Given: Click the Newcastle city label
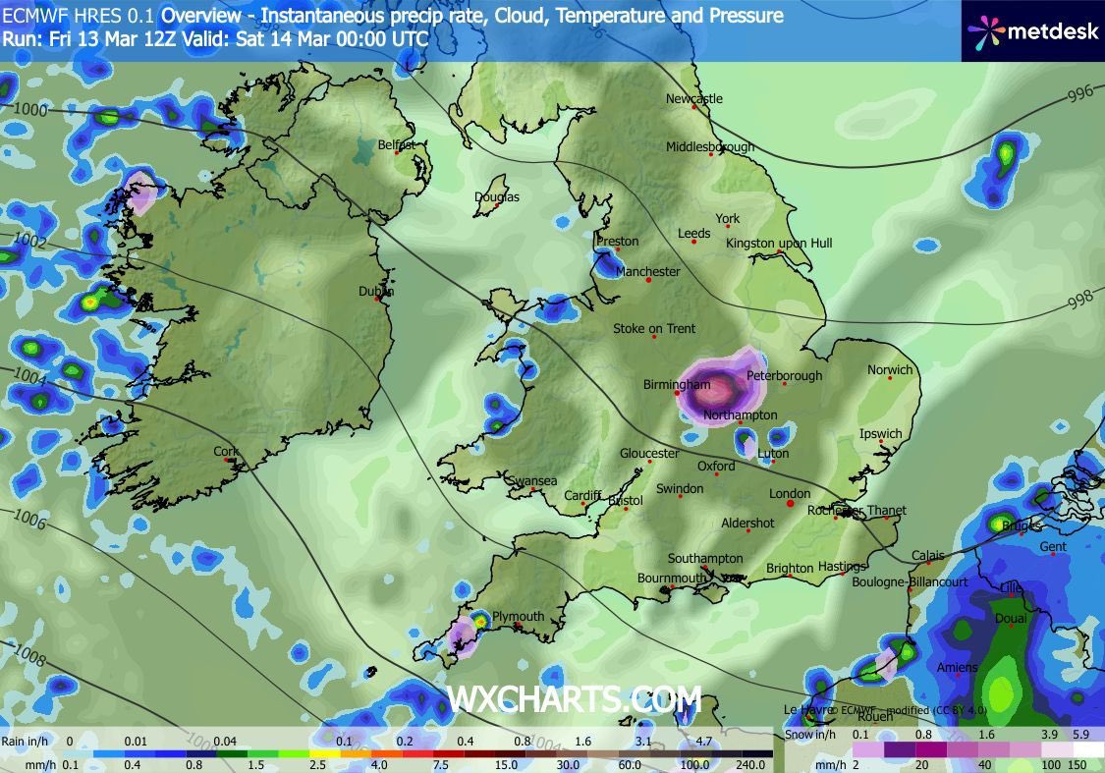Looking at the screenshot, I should pyautogui.click(x=693, y=98).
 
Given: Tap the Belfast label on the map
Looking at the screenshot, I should pyautogui.click(x=397, y=144).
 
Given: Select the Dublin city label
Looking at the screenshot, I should pyautogui.click(x=376, y=291).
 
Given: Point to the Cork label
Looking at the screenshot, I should pyautogui.click(x=226, y=452).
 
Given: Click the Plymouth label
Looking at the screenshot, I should pyautogui.click(x=518, y=617).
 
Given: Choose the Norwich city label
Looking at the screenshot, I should pyautogui.click(x=890, y=370).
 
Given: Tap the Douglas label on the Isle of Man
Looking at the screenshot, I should pyautogui.click(x=497, y=196).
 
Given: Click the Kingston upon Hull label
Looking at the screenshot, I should pyautogui.click(x=779, y=243).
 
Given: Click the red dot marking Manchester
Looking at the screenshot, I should pyautogui.click(x=649, y=281).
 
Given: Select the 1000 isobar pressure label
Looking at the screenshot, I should pyautogui.click(x=29, y=110).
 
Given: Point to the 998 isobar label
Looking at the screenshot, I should pyautogui.click(x=1079, y=296).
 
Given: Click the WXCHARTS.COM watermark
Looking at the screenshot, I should pyautogui.click(x=574, y=698).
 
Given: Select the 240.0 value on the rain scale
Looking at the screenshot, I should pyautogui.click(x=751, y=765).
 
